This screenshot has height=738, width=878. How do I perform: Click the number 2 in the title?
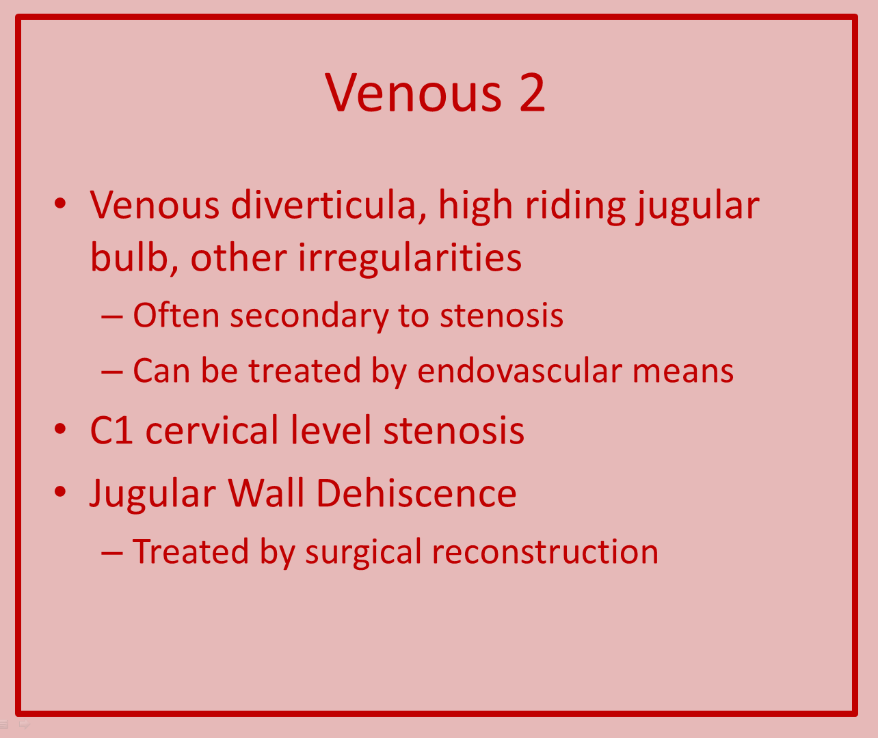(x=533, y=92)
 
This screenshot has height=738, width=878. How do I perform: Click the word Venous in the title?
(x=413, y=92)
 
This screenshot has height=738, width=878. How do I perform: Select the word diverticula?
(x=328, y=205)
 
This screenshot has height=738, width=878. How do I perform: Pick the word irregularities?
(x=410, y=259)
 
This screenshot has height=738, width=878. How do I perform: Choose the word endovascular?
(x=518, y=370)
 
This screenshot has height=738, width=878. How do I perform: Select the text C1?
(x=111, y=430)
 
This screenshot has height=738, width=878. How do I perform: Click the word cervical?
(x=212, y=429)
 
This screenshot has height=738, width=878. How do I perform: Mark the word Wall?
(x=266, y=493)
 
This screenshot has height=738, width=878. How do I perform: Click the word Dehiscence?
(x=416, y=493)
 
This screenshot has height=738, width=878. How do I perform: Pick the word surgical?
(x=363, y=553)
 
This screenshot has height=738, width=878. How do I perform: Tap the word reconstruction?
(x=545, y=552)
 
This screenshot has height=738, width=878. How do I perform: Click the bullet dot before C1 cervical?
(x=61, y=429)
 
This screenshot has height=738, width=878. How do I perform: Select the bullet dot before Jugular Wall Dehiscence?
(x=61, y=491)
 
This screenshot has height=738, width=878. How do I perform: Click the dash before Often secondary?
(x=112, y=317)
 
